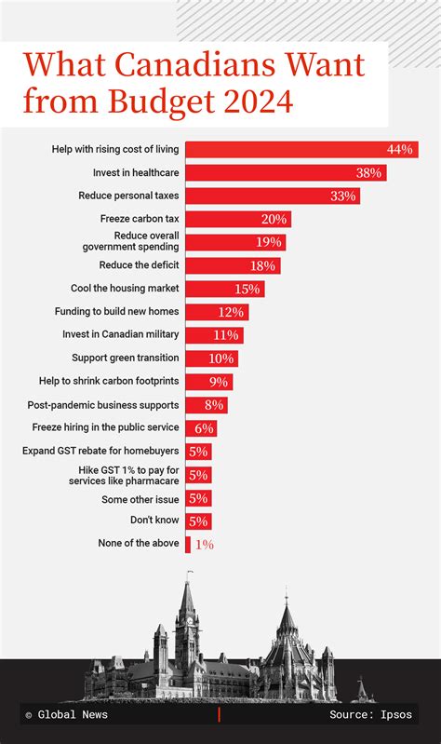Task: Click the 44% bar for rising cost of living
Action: (x=301, y=149)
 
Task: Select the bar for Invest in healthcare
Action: (x=285, y=172)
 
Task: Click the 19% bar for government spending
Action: (x=234, y=242)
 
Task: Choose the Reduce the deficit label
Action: (x=139, y=265)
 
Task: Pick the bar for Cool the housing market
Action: (x=224, y=289)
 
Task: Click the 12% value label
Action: (x=232, y=312)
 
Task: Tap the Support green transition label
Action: (x=126, y=358)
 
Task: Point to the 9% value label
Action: (x=219, y=382)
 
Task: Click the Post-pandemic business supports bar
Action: (x=206, y=405)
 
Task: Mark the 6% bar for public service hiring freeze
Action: (x=201, y=428)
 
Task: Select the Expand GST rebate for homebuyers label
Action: (x=100, y=451)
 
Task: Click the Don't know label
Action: (x=154, y=521)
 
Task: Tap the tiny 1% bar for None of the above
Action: (x=188, y=544)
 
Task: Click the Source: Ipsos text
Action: (x=372, y=715)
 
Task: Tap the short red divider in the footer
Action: (x=220, y=714)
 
